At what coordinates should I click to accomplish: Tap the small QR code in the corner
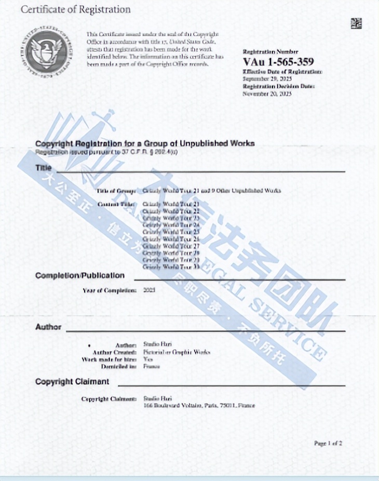coord(356,23)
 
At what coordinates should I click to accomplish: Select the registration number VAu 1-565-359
coord(278,62)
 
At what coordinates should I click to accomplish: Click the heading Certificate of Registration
coord(76,10)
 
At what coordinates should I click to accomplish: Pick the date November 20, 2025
coord(267,94)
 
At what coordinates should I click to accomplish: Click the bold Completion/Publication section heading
coord(80,275)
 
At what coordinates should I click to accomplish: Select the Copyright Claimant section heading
coord(72,381)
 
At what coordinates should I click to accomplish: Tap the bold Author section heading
coord(48,327)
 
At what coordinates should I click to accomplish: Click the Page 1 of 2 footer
coord(328,443)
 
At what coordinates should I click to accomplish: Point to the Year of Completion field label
coord(110,290)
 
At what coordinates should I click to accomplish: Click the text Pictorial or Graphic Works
coord(177,352)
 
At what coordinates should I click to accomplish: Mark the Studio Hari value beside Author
coord(154,345)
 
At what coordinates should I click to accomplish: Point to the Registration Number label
coord(270,51)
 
